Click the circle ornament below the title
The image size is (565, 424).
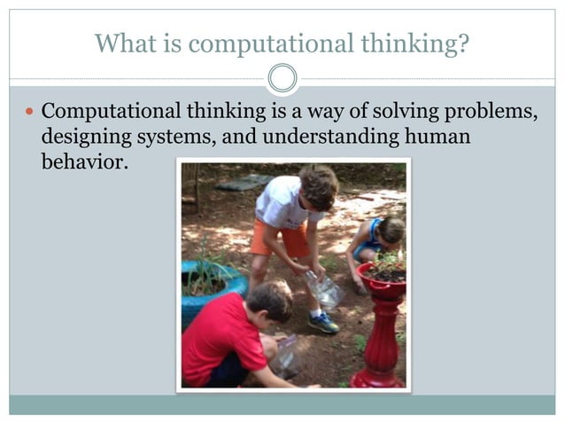pos(282,79)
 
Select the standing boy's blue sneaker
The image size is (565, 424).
pos(323,321)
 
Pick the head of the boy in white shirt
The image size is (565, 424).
pos(318,185)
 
